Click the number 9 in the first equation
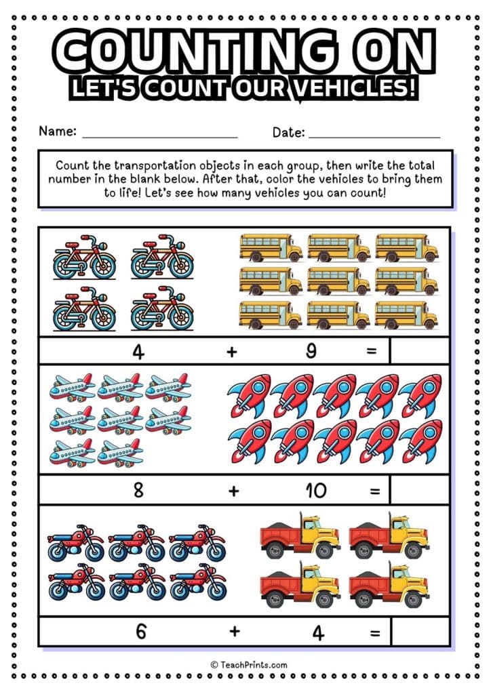(311, 352)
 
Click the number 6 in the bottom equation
(141, 632)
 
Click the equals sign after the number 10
(374, 491)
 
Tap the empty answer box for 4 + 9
(419, 351)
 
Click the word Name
(57, 131)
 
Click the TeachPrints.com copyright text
(248, 665)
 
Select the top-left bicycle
(85, 258)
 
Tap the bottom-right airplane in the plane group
(120, 452)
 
